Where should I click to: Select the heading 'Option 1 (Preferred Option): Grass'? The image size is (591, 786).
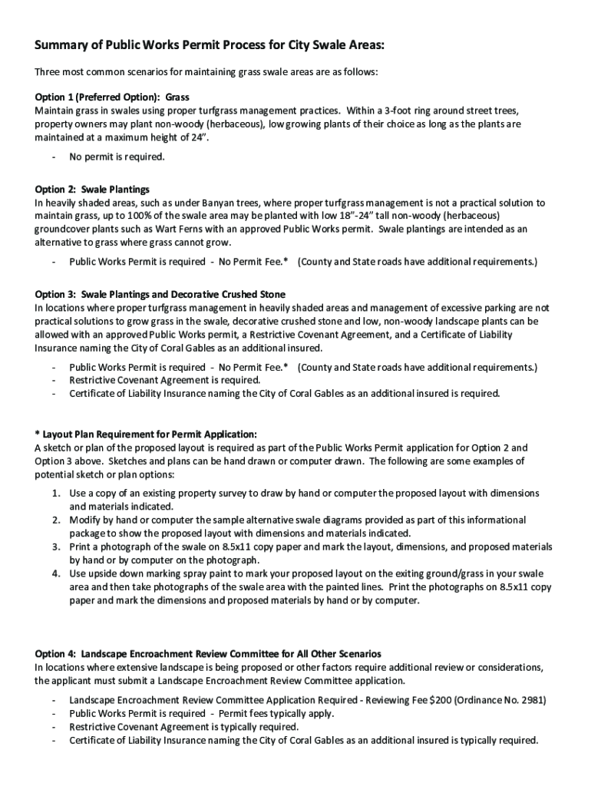pyautogui.click(x=112, y=97)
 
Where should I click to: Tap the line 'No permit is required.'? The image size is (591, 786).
pyautogui.click(x=117, y=157)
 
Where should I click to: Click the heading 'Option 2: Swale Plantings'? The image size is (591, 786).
pyautogui.click(x=92, y=189)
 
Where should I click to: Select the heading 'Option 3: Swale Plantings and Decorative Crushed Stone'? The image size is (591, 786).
pyautogui.click(x=160, y=294)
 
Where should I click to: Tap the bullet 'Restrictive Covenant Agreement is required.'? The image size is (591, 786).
pyautogui.click(x=164, y=380)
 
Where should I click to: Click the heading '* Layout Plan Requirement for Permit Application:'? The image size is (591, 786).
pyautogui.click(x=146, y=434)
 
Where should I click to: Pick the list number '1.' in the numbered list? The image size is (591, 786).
pyautogui.click(x=57, y=493)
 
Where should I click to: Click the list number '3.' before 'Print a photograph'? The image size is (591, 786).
pyautogui.click(x=57, y=547)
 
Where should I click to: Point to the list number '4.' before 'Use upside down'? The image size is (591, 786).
pyautogui.click(x=57, y=573)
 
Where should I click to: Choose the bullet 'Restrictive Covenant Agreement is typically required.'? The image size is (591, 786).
pyautogui.click(x=183, y=727)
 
